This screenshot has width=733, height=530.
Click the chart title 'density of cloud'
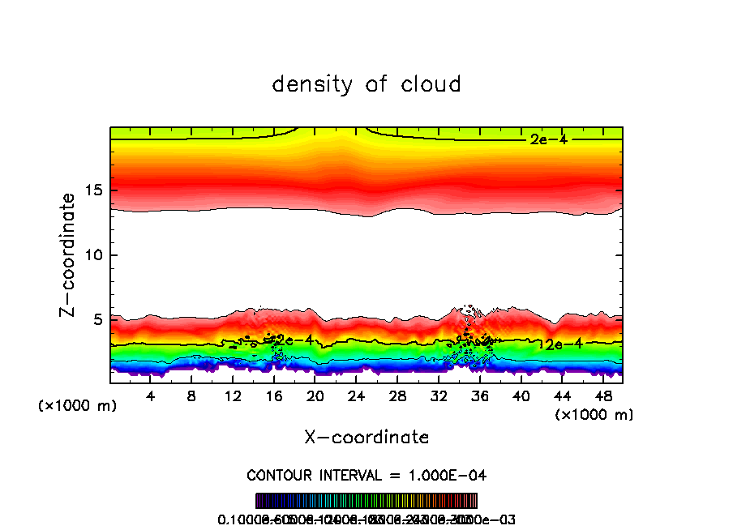point(366,84)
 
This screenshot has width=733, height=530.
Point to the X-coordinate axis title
point(366,438)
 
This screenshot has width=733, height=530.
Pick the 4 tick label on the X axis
point(151,396)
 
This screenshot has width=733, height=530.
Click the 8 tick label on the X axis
point(191,396)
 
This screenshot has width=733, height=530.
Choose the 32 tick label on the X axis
point(439,396)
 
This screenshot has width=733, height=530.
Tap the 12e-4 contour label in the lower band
point(560,344)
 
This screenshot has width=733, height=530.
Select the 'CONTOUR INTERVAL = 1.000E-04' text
point(366,475)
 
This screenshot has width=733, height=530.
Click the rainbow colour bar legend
point(366,501)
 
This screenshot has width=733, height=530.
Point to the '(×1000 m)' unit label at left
point(78,406)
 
